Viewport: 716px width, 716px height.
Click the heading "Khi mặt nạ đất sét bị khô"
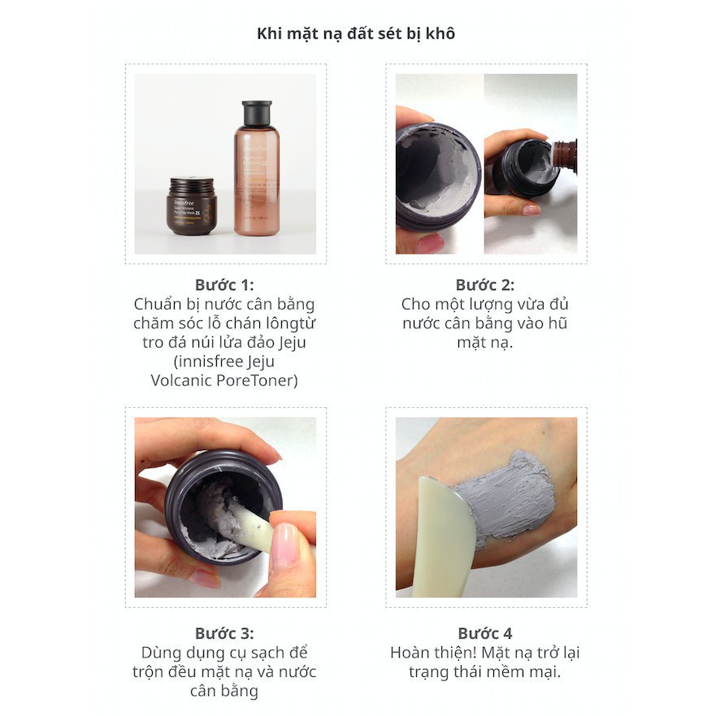tap(356, 34)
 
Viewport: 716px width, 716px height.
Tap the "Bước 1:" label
tap(224, 285)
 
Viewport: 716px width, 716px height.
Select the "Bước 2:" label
tap(485, 285)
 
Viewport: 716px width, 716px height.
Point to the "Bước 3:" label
tap(224, 633)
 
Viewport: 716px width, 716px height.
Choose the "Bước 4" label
tap(485, 633)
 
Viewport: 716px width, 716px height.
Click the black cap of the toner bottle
tap(257, 113)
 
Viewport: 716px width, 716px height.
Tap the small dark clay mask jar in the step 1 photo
tap(191, 206)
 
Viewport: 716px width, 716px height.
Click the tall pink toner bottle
tap(257, 168)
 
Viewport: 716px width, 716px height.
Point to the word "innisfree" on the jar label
tap(184, 202)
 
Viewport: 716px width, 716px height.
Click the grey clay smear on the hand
tap(507, 497)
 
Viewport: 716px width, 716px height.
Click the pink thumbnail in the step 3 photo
tap(283, 542)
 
